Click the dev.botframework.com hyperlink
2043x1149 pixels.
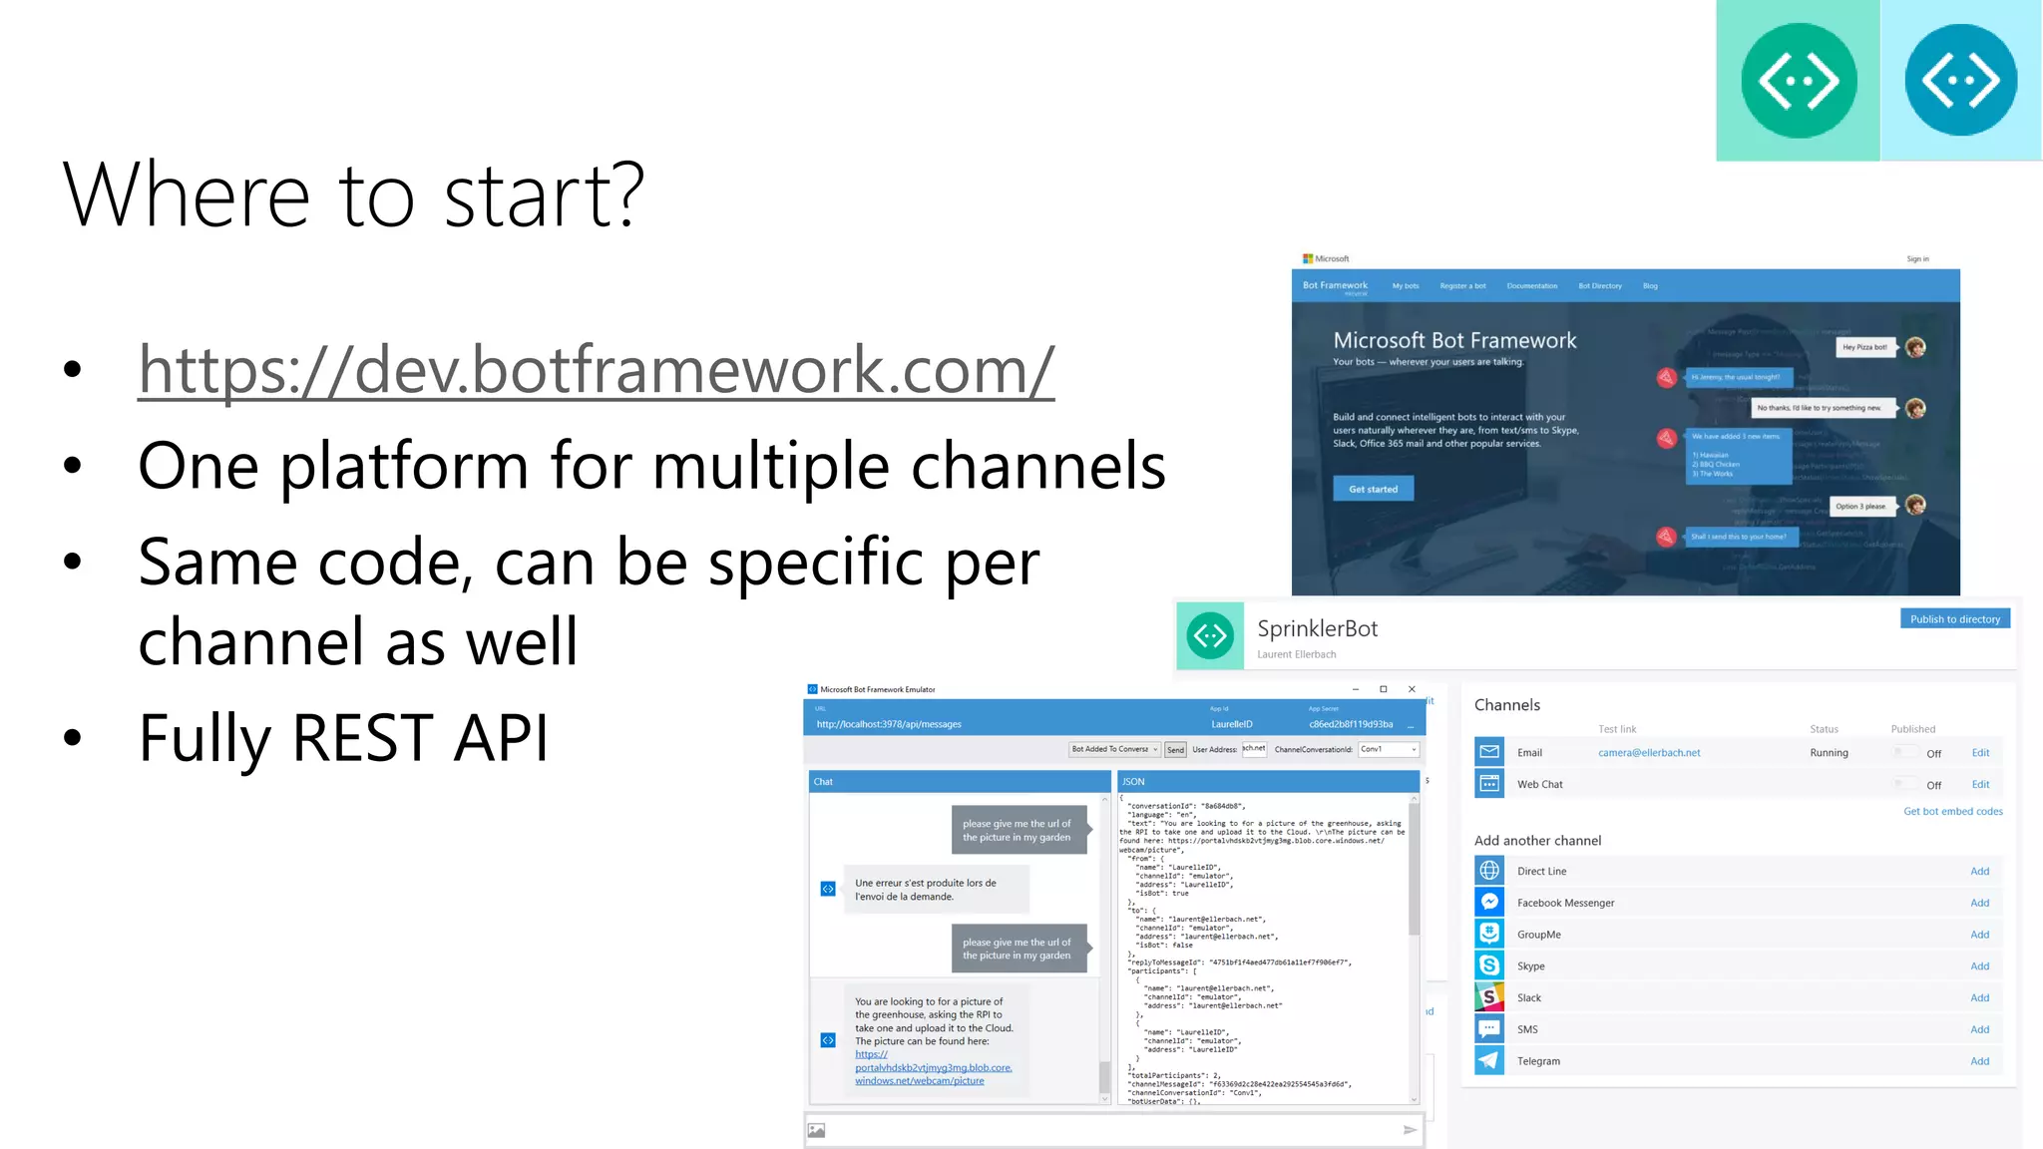click(596, 370)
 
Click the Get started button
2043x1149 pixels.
click(1373, 489)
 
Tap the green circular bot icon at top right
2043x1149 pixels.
click(1799, 81)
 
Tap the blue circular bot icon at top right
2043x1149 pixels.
click(1960, 81)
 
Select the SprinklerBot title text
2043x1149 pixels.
click(1317, 629)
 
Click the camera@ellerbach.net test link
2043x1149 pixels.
click(1649, 753)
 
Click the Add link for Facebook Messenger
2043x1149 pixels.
click(1979, 903)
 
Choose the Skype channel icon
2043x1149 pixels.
click(1489, 965)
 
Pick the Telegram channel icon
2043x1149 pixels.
click(1489, 1060)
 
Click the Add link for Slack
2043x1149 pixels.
click(1979, 997)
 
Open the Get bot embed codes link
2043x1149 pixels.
click(1952, 811)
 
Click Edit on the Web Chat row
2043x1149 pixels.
click(1980, 784)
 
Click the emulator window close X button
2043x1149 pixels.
click(1412, 689)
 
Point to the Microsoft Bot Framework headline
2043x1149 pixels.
click(1454, 341)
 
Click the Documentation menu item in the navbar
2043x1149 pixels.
click(1531, 286)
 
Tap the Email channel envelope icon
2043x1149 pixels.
click(1489, 752)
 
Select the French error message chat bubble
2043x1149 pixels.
click(935, 890)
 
